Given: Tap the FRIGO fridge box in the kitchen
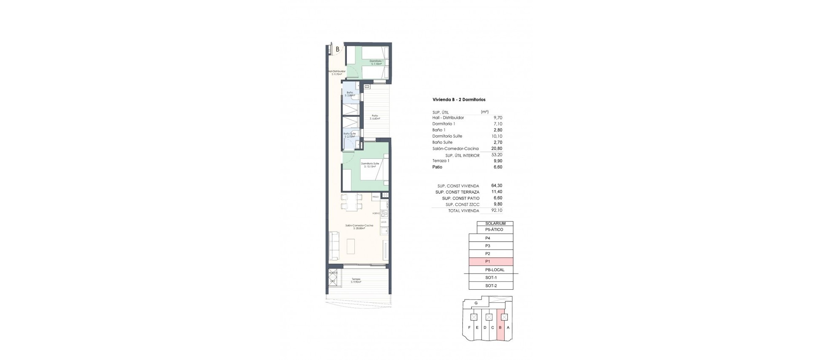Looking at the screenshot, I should tap(79, 197).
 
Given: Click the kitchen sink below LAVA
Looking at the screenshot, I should tap(88, 231).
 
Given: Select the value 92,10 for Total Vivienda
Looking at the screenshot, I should tap(497, 210).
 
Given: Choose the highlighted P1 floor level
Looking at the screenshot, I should tap(491, 262).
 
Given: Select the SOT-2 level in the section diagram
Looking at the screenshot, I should tap(491, 286).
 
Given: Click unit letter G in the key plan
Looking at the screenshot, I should tap(476, 304).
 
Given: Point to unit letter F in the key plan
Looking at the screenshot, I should tap(469, 327).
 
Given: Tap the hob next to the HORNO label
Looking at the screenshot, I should tap(88, 213).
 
